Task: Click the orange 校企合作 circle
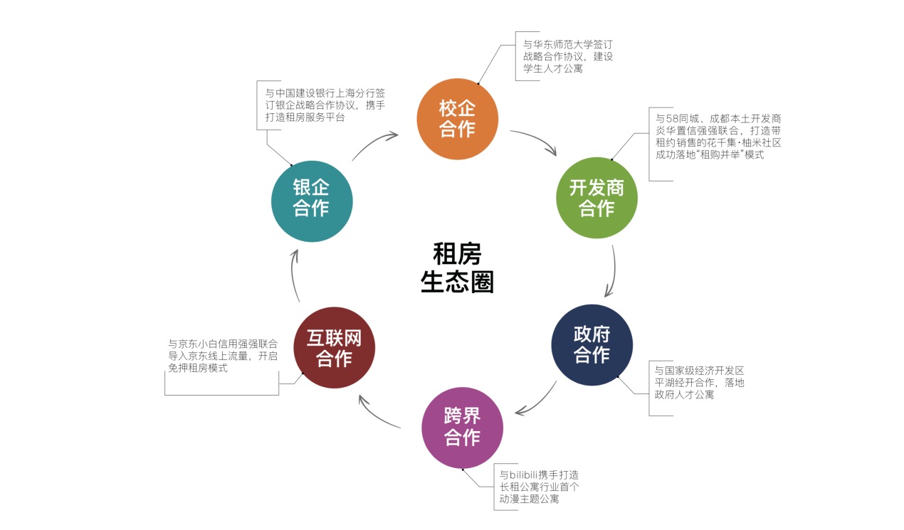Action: click(x=457, y=119)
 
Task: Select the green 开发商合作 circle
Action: click(x=596, y=198)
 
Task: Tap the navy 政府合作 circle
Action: click(x=592, y=345)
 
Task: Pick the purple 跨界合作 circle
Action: click(x=463, y=427)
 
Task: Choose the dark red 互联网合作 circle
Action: click(x=334, y=348)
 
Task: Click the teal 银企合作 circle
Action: click(x=312, y=198)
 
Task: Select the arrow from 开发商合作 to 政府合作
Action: click(x=612, y=272)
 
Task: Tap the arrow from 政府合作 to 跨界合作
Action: click(x=537, y=402)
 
